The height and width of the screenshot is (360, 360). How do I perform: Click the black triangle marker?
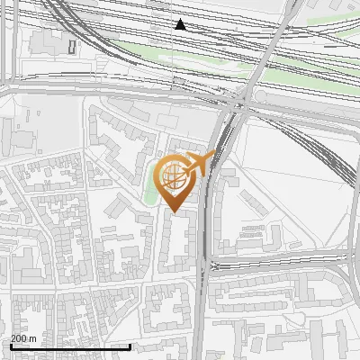coord(181,24)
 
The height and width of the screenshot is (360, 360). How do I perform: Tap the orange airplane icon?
coord(201,164)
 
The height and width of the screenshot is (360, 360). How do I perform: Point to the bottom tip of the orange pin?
coord(175,212)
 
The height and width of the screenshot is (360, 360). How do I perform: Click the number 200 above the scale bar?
coord(19,338)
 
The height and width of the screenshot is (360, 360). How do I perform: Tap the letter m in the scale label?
coord(33,338)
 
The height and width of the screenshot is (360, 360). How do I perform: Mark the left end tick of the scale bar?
coord(11,346)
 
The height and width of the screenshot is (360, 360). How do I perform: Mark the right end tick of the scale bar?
coord(130,346)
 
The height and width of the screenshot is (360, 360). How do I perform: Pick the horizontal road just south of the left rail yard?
coord(90,87)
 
